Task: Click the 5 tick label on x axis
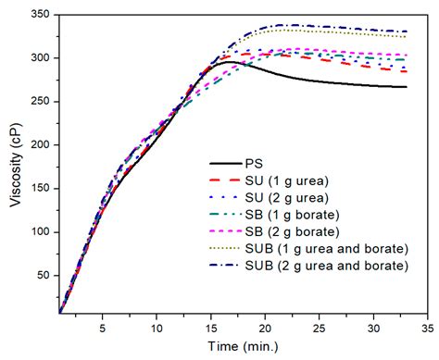pyautogui.click(x=102, y=326)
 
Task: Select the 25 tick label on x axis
pyautogui.click(x=320, y=326)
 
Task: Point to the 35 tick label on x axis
pyautogui.click(x=428, y=326)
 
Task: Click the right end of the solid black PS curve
pyautogui.click(x=406, y=87)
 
